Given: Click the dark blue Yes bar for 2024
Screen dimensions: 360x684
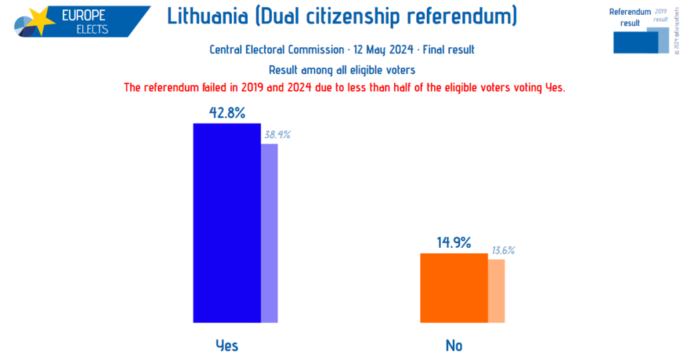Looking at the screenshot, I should click(x=226, y=223).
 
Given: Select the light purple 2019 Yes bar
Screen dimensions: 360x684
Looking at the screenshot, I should click(x=269, y=233).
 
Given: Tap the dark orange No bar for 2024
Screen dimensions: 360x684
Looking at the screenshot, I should click(x=454, y=288).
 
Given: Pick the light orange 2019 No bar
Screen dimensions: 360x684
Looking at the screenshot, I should click(x=496, y=291).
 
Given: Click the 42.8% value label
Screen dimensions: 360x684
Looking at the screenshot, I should click(x=226, y=113).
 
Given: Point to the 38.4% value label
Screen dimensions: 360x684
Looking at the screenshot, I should click(x=277, y=135).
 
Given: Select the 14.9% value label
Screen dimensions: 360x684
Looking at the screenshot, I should click(x=454, y=243).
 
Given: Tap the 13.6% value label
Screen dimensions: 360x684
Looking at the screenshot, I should click(x=504, y=250).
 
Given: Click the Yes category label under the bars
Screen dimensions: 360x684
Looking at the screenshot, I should click(x=226, y=345).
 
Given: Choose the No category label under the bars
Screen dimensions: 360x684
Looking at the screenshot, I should click(x=454, y=345).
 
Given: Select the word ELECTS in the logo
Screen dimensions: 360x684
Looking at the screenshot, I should click(x=92, y=29).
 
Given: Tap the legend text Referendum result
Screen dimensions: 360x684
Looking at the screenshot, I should click(x=629, y=17).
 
